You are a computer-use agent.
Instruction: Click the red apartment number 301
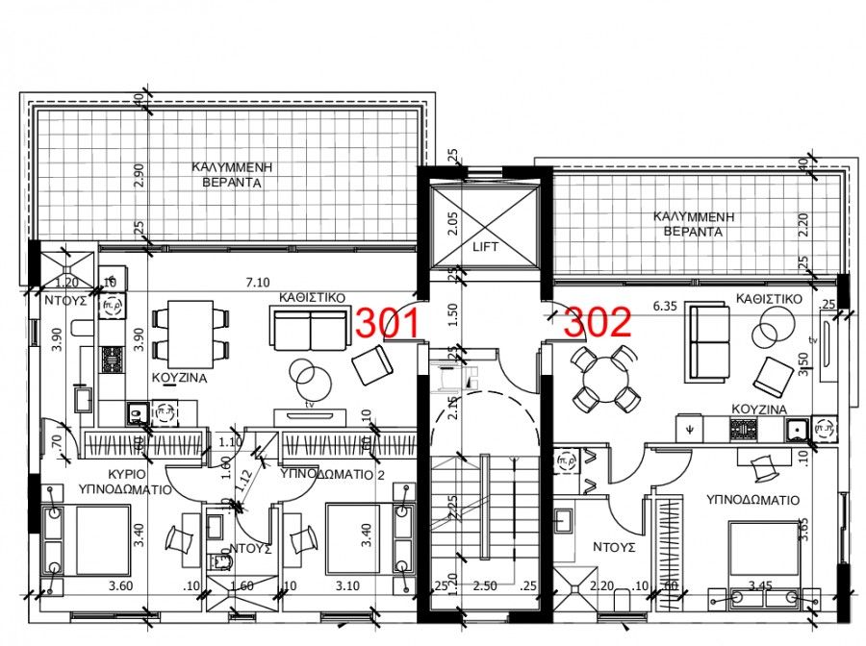pyautogui.click(x=388, y=323)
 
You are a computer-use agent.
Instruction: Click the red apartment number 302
pyautogui.click(x=598, y=323)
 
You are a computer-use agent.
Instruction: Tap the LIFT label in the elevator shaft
pyautogui.click(x=483, y=247)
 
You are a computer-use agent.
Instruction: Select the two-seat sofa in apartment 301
pyautogui.click(x=308, y=330)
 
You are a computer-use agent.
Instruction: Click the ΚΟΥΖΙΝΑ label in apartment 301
pyautogui.click(x=179, y=379)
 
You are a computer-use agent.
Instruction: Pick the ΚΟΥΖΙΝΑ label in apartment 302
pyautogui.click(x=760, y=410)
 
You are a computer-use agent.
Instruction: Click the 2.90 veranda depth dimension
pyautogui.click(x=139, y=174)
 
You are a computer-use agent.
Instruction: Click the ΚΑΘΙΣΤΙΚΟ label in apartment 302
pyautogui.click(x=769, y=299)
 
